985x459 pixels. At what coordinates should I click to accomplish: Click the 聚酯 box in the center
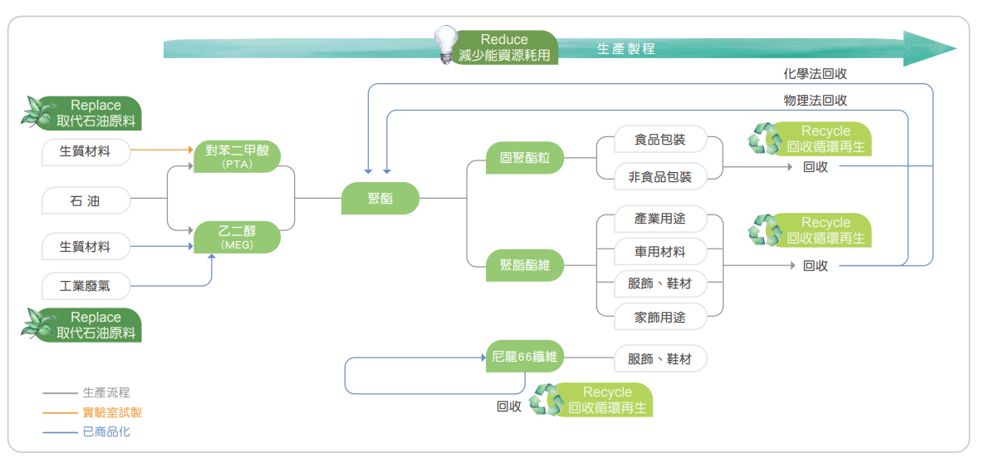380,199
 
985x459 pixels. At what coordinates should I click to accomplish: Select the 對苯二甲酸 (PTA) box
237,156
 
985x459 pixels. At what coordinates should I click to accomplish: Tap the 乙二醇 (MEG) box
237,237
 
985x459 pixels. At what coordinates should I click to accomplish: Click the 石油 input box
86,200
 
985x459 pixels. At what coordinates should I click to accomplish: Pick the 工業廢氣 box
86,287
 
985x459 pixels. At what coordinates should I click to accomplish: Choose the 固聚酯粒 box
525,156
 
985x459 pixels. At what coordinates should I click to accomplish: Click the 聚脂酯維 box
525,266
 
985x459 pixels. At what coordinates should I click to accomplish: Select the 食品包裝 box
659,140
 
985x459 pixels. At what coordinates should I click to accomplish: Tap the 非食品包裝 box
659,175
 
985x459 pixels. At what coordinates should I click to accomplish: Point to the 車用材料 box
659,251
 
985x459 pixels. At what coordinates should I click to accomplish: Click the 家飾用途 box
659,317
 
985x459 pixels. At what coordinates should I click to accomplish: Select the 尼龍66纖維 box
524,358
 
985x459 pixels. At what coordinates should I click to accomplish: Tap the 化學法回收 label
815,74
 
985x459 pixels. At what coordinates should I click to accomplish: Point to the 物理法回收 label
815,101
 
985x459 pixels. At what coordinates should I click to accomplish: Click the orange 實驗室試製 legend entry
106,412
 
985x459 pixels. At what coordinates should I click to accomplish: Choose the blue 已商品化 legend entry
106,432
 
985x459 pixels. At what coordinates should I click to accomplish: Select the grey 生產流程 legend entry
106,392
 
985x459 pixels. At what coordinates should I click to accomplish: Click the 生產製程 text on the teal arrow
626,49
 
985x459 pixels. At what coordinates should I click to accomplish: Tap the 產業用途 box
659,219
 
